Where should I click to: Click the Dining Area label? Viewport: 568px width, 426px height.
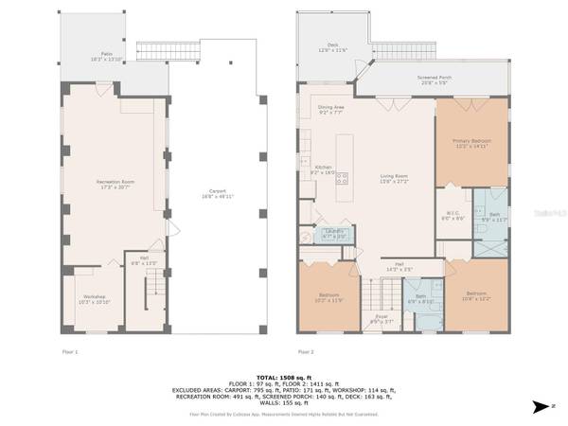coord(331,110)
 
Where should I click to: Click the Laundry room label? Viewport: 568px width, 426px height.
coord(333,232)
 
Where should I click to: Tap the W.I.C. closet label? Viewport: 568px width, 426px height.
coord(453,215)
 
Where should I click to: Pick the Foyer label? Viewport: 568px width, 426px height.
coord(381,318)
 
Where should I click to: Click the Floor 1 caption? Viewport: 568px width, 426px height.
coord(70,351)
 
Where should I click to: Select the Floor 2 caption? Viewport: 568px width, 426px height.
coord(306,351)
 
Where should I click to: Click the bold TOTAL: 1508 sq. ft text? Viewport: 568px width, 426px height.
coord(284,376)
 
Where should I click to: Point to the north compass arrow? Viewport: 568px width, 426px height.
coord(541,407)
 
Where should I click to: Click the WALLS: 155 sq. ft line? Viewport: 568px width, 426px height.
coord(284,404)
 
